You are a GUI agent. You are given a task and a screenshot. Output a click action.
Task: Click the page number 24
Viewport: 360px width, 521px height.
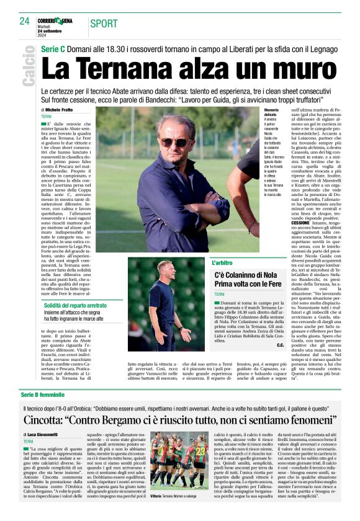coord(25,20)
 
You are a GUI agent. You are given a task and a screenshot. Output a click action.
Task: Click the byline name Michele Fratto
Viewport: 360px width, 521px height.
coord(59,109)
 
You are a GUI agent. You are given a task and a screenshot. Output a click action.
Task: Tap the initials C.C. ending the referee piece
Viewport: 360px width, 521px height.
coord(281,344)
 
